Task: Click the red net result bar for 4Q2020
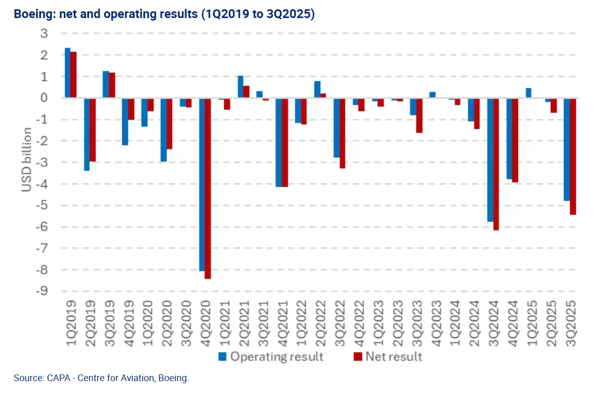pos(208,188)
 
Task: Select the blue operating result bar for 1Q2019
pos(68,73)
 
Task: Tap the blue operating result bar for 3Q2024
pos(490,159)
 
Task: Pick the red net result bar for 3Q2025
pos(573,156)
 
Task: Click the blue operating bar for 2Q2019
pos(87,134)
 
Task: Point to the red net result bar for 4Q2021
pos(285,142)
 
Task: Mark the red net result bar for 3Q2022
pos(342,133)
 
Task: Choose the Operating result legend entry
pos(271,356)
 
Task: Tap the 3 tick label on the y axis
pos(44,34)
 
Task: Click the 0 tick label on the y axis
pos(44,98)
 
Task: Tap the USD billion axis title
pos(26,160)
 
